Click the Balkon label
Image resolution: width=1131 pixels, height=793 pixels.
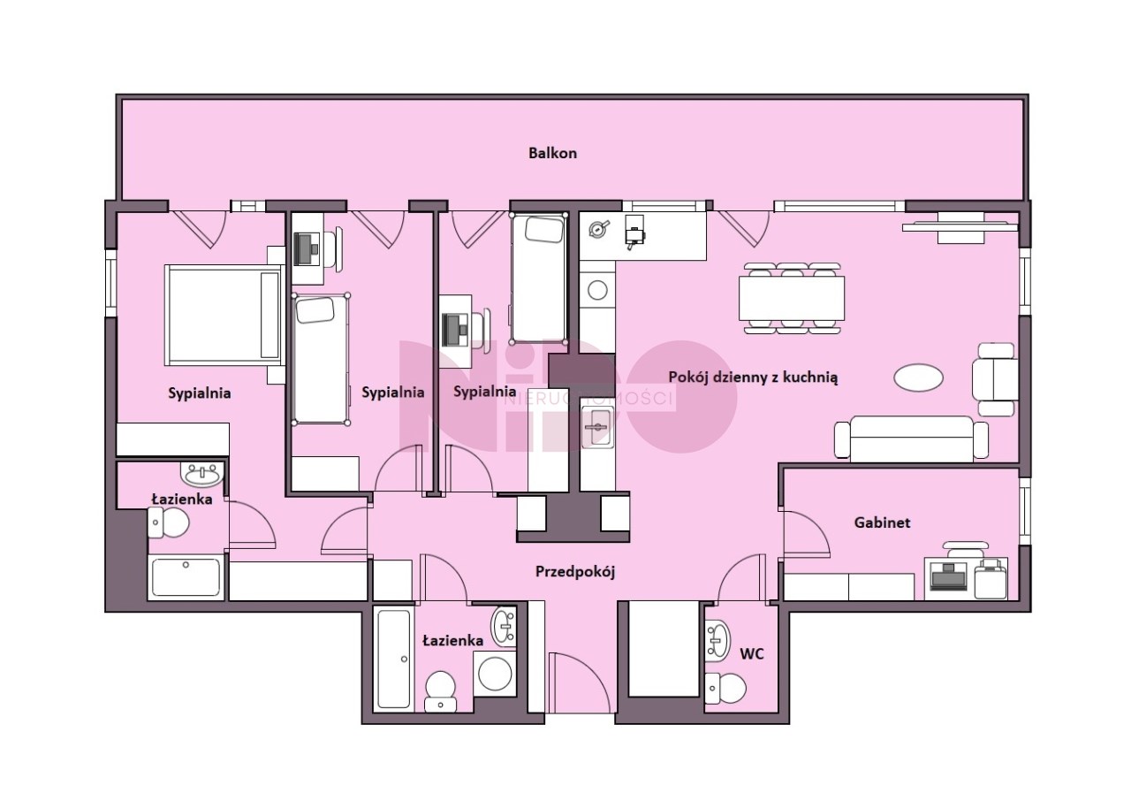pyautogui.click(x=552, y=153)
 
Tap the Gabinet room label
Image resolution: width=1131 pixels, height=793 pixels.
pyautogui.click(x=882, y=522)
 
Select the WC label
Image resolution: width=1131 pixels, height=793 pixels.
pyautogui.click(x=752, y=654)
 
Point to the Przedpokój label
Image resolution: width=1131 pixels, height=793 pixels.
pyautogui.click(x=575, y=572)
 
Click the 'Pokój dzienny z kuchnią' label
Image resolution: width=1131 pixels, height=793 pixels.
pyautogui.click(x=754, y=377)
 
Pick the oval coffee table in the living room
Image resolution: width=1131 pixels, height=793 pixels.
pyautogui.click(x=918, y=377)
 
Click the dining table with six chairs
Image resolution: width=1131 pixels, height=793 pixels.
pyautogui.click(x=792, y=298)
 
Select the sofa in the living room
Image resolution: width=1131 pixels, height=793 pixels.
pyautogui.click(x=911, y=438)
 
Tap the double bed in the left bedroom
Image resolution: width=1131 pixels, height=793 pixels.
pyautogui.click(x=224, y=316)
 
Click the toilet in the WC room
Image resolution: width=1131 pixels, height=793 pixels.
pyautogui.click(x=725, y=687)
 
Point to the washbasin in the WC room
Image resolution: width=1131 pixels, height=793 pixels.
pyautogui.click(x=717, y=640)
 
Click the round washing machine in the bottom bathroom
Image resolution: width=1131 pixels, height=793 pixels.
pyautogui.click(x=495, y=675)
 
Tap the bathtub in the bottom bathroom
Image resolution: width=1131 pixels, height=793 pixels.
pyautogui.click(x=394, y=660)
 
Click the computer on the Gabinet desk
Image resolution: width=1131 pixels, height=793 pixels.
pyautogui.click(x=948, y=576)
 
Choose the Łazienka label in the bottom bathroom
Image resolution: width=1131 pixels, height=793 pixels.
pyautogui.click(x=453, y=640)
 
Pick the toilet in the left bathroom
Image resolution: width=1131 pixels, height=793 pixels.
pyautogui.click(x=169, y=522)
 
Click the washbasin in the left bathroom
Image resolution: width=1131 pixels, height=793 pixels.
pyautogui.click(x=202, y=475)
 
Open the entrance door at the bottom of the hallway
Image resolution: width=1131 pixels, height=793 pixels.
pyautogui.click(x=581, y=682)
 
